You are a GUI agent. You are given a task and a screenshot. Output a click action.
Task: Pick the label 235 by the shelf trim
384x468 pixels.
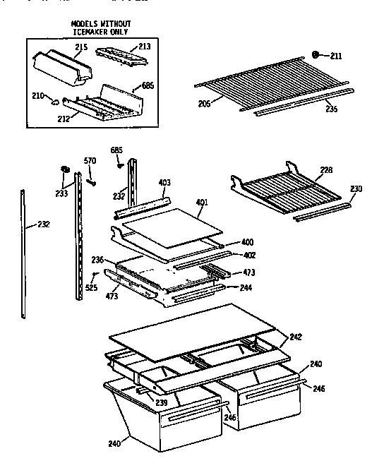point(331,109)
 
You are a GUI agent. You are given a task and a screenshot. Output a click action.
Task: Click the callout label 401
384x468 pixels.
point(201,203)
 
